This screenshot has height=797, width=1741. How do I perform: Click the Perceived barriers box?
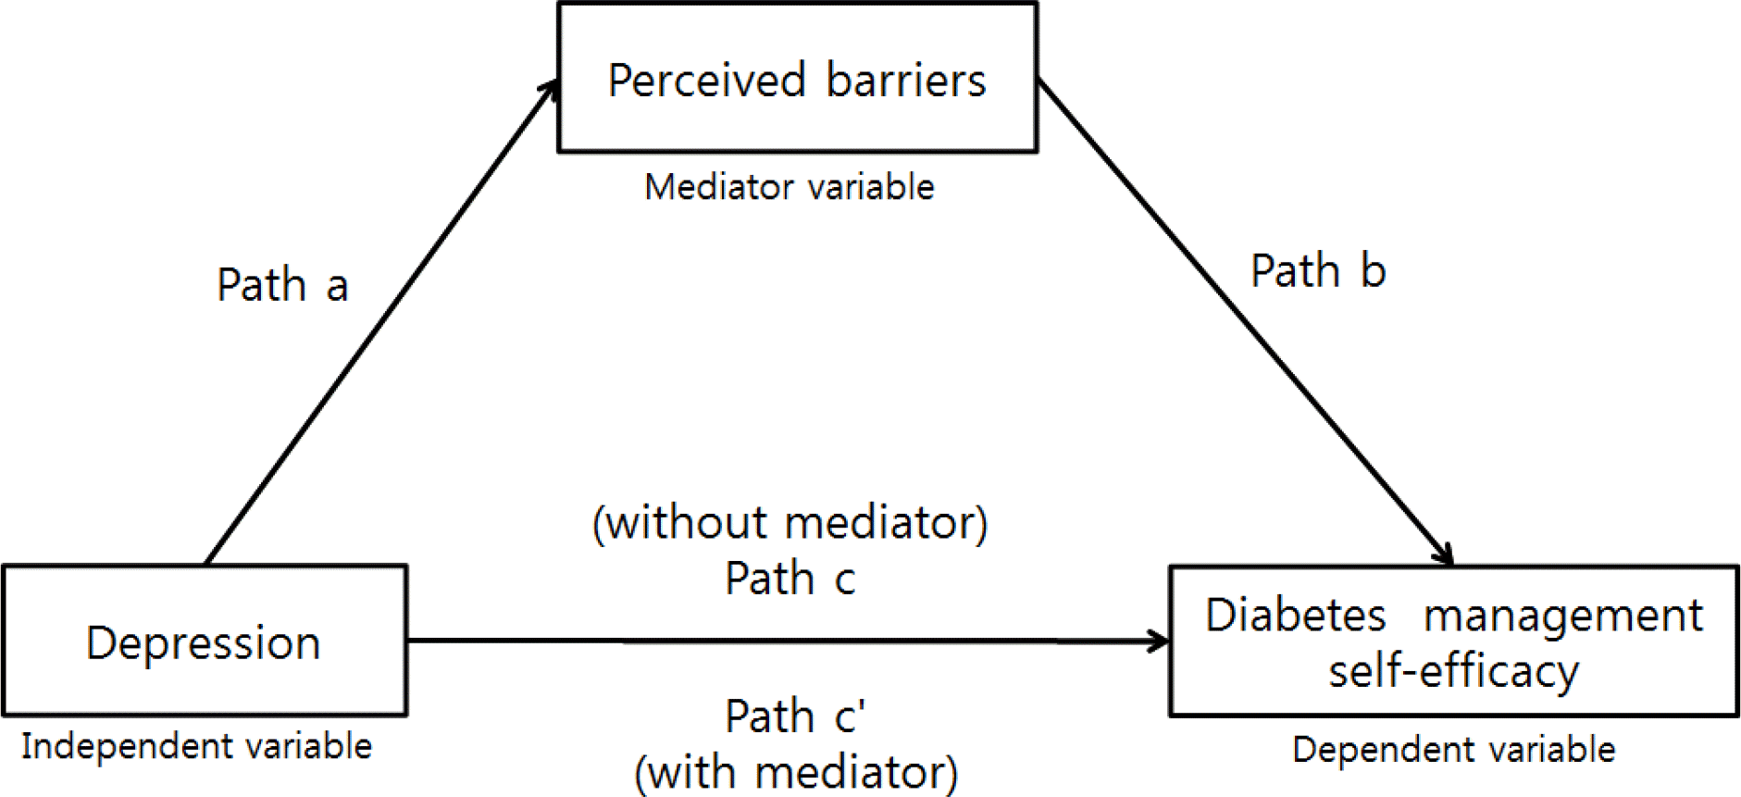797,79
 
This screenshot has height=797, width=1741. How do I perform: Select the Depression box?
204,641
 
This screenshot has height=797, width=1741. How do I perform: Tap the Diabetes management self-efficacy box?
1453,641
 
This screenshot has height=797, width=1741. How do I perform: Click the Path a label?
282,285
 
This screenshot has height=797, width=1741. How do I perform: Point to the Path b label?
1318,271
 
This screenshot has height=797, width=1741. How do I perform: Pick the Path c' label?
795,716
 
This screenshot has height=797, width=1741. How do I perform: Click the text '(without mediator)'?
790,523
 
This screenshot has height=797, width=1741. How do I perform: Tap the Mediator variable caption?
790,188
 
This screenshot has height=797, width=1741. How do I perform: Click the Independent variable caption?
196,746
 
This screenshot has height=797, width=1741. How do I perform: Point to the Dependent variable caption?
1453,750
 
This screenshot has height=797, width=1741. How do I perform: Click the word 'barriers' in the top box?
906,81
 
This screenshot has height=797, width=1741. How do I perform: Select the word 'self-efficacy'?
1453,671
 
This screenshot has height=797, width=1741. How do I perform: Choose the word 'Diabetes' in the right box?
1296,616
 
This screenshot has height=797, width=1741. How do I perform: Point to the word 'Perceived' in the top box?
707,81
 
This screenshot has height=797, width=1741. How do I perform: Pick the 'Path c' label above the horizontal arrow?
790,579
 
